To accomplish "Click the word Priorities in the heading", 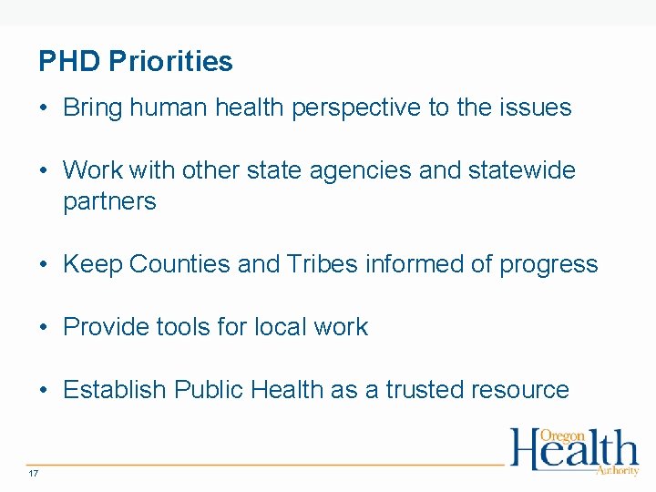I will click(170, 62).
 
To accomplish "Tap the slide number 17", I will click(34, 474).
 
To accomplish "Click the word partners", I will click(109, 202).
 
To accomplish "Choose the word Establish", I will click(115, 390).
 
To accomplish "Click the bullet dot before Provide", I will click(44, 328).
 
